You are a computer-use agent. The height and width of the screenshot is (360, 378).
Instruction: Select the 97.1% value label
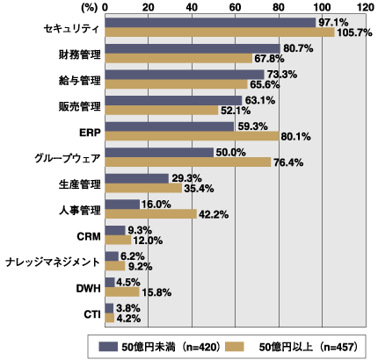point(334,22)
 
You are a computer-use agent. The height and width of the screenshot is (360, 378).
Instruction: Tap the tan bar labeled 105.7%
point(219,32)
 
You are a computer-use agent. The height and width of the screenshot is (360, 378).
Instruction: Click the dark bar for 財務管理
point(192,48)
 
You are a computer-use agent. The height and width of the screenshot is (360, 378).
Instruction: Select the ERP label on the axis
point(86,132)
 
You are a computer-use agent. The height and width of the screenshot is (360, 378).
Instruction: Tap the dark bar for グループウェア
point(159,153)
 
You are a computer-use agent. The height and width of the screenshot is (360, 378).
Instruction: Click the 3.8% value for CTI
point(128,309)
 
